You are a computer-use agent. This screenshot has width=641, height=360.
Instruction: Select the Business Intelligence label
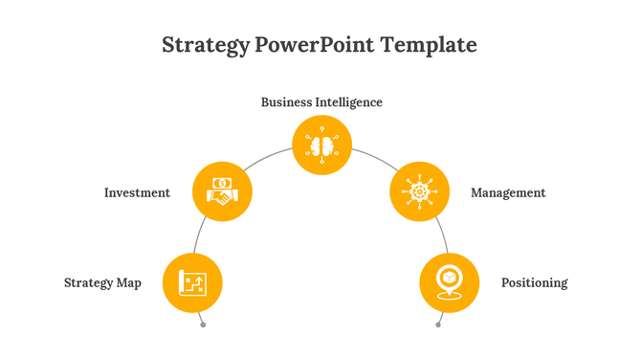(321, 101)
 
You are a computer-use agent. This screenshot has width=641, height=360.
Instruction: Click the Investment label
(137, 192)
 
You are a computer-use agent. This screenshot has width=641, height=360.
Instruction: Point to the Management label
(508, 192)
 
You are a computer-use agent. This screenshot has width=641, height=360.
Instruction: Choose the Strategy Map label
(102, 282)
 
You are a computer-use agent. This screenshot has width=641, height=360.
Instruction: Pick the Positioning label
(534, 282)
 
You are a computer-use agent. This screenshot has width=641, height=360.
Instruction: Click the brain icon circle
(321, 146)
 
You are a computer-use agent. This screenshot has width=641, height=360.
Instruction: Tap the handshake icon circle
(223, 191)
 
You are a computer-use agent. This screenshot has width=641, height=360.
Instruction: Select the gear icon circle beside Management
(420, 191)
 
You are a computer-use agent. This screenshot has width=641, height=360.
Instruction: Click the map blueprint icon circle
(193, 282)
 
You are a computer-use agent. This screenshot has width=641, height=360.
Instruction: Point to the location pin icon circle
(450, 282)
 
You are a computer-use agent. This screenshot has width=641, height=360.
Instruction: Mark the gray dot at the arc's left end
(203, 325)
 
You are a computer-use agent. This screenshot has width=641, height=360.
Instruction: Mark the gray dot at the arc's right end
(438, 325)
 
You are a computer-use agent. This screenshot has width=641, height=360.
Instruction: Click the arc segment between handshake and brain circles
(272, 159)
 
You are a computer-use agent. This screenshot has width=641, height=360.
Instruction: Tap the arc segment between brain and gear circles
(371, 159)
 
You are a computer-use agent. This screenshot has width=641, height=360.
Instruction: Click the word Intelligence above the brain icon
(351, 101)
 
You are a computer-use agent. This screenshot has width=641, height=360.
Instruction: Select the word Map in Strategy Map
(129, 282)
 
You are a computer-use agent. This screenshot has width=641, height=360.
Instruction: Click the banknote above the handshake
(223, 182)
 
